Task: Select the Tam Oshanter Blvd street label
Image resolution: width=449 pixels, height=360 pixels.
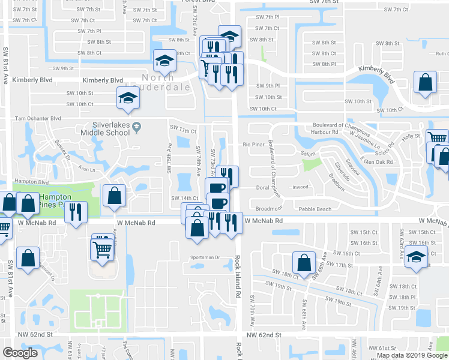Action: pyautogui.click(x=38, y=118)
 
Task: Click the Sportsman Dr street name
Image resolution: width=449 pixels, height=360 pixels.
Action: pyautogui.click(x=205, y=257)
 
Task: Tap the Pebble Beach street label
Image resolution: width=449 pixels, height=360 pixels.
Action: pyautogui.click(x=315, y=209)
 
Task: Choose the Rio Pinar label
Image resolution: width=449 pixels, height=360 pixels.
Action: pyautogui.click(x=254, y=145)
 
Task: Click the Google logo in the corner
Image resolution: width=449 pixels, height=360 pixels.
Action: pyautogui.click(x=20, y=353)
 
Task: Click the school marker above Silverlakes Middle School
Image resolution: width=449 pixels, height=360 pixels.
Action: pyautogui.click(x=128, y=97)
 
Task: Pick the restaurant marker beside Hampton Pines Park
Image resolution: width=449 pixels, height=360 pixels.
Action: pyautogui.click(x=76, y=212)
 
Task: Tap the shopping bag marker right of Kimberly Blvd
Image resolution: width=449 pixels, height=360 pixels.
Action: pyautogui.click(x=425, y=84)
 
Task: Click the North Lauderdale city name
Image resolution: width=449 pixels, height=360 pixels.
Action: pyautogui.click(x=166, y=82)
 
